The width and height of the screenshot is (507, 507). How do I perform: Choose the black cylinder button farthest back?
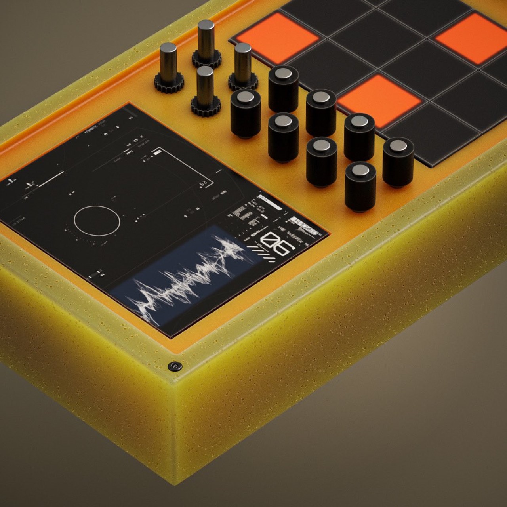pyautogui.click(x=283, y=88)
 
